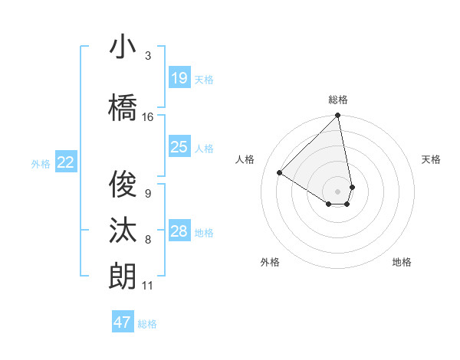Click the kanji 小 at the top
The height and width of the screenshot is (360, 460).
(x=123, y=47)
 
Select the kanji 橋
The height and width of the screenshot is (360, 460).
(x=123, y=107)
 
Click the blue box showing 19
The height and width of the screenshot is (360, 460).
(x=179, y=78)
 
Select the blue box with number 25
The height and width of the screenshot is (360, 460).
(x=179, y=147)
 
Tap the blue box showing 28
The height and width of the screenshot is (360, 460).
(x=179, y=231)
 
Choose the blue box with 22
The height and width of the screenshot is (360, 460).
(x=66, y=162)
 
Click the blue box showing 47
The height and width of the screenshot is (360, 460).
(x=123, y=322)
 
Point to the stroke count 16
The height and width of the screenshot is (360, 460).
(x=148, y=117)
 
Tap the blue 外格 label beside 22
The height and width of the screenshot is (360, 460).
(x=41, y=163)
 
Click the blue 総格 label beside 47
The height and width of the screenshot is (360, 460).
(x=147, y=323)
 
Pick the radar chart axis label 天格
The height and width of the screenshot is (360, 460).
(x=432, y=159)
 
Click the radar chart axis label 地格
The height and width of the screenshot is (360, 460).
(x=402, y=262)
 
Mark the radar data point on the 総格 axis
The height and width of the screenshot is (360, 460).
(x=337, y=116)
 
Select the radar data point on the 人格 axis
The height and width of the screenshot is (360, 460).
(x=280, y=172)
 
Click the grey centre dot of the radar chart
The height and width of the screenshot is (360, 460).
(x=337, y=191)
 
